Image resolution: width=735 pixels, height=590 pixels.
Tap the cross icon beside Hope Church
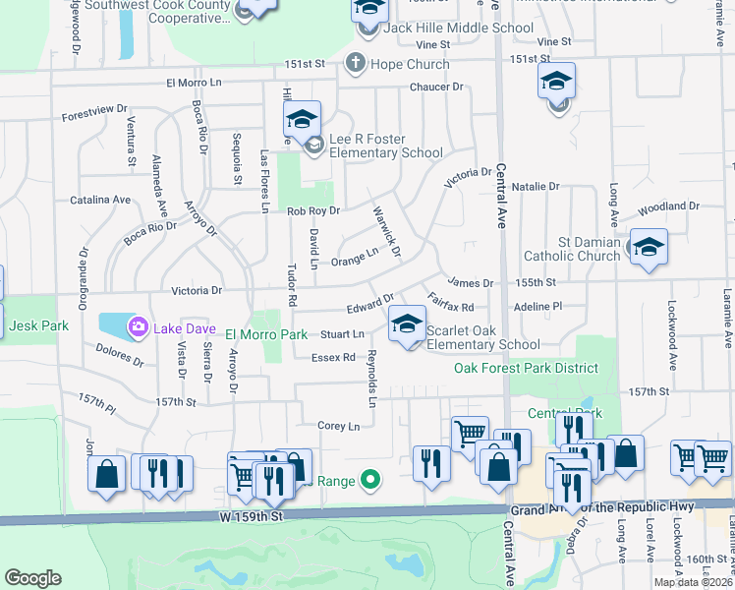coord(356,64)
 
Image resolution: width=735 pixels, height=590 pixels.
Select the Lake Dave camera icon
coord(139,325)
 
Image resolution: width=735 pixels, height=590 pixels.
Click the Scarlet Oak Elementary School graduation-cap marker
coord(407,324)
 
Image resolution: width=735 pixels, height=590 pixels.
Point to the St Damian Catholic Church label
coord(590,250)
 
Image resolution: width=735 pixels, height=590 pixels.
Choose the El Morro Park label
coord(267,335)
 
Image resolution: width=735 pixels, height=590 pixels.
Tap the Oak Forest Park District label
coord(526,369)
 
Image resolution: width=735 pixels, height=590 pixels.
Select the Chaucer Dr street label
coord(435,88)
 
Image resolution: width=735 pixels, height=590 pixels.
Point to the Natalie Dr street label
coord(535,186)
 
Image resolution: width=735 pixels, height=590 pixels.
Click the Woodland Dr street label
coord(667,207)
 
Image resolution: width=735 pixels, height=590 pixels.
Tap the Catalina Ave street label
coord(100,200)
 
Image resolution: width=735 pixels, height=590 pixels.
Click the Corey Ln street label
coord(338,426)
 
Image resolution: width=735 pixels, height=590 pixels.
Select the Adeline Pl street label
coord(537,307)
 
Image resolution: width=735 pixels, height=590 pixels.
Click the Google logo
coord(33,578)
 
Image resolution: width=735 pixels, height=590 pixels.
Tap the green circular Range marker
coord(369,481)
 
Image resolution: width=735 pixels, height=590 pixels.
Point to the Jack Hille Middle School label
coord(458,28)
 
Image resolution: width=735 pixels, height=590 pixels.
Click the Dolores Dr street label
coord(119,354)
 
